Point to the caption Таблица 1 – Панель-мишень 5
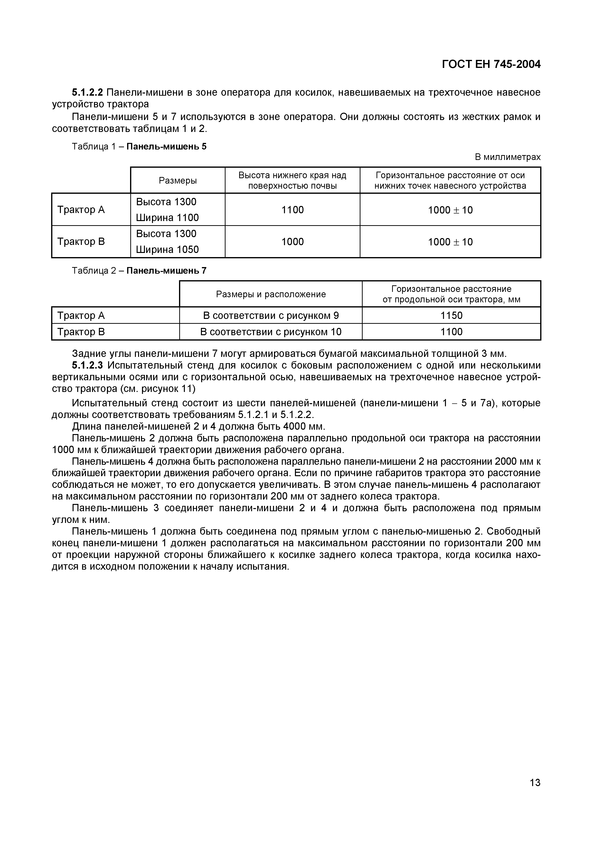[x=139, y=147]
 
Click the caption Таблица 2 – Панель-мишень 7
[x=139, y=270]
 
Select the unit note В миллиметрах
[x=507, y=157]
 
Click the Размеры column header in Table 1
[x=178, y=180]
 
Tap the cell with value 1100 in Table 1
[x=293, y=210]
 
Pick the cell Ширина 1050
[x=167, y=249]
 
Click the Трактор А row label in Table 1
[x=81, y=210]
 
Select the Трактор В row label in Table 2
[x=81, y=332]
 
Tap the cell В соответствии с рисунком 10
[x=271, y=332]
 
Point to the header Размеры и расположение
[x=271, y=294]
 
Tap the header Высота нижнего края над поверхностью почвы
[x=292, y=180]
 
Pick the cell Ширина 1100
[x=167, y=218]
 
